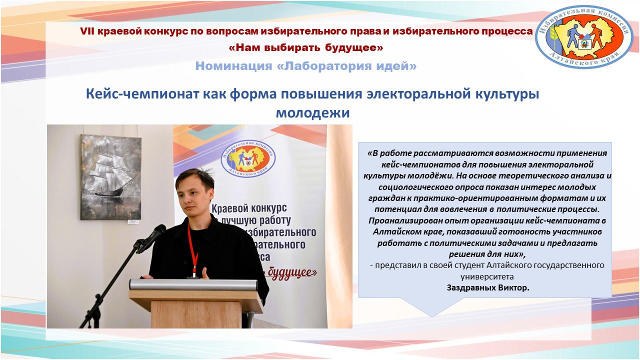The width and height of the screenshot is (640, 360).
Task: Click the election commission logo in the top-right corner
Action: [x=584, y=37]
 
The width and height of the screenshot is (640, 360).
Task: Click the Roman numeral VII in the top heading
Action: [x=87, y=31]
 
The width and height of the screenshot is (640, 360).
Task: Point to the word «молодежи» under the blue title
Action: [x=312, y=113]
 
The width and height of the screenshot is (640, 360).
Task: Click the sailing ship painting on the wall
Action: [x=110, y=177]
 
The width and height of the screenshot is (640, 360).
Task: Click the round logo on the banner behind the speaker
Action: [x=248, y=158]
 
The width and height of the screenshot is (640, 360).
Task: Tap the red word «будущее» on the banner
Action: [x=293, y=272]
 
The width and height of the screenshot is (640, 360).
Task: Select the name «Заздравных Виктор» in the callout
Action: [x=487, y=288]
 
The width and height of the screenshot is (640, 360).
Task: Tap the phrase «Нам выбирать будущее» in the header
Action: [x=305, y=48]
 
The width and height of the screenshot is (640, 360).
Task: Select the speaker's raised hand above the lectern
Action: [x=204, y=273]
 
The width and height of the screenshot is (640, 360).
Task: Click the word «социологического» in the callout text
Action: [x=409, y=187]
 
